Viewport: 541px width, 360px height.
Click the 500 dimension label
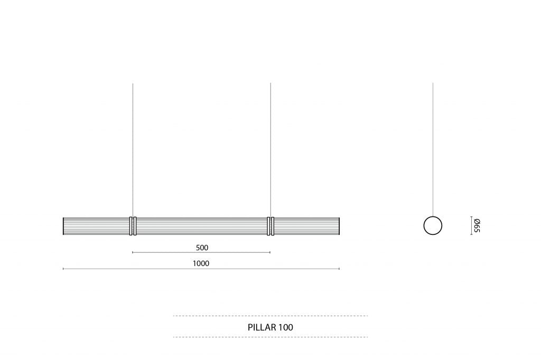pyautogui.click(x=202, y=247)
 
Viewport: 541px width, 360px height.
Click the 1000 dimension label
pyautogui.click(x=201, y=263)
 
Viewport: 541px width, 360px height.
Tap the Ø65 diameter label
pyautogui.click(x=476, y=225)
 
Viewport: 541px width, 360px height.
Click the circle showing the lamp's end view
pyautogui.click(x=433, y=225)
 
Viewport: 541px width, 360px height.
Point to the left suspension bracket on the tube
pyautogui.click(x=133, y=225)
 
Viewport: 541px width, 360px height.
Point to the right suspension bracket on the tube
pyautogui.click(x=270, y=225)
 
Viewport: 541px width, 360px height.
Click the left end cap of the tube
pyautogui.click(x=64, y=225)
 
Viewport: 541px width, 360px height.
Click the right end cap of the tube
pyautogui.click(x=339, y=225)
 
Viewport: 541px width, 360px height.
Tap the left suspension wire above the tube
pyautogui.click(x=133, y=148)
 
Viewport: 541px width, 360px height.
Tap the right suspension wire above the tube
pyautogui.click(x=270, y=148)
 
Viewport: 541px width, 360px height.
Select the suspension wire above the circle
pyautogui.click(x=433, y=148)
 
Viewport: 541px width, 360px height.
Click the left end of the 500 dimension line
pyautogui.click(x=133, y=252)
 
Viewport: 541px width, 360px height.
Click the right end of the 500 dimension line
pyautogui.click(x=270, y=252)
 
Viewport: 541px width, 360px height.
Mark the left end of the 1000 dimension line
pyautogui.click(x=63, y=269)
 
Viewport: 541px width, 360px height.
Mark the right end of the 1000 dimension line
pyautogui.click(x=339, y=269)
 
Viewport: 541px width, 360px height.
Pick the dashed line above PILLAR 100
pyautogui.click(x=270, y=316)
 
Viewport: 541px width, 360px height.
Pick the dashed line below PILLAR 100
pyautogui.click(x=270, y=337)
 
